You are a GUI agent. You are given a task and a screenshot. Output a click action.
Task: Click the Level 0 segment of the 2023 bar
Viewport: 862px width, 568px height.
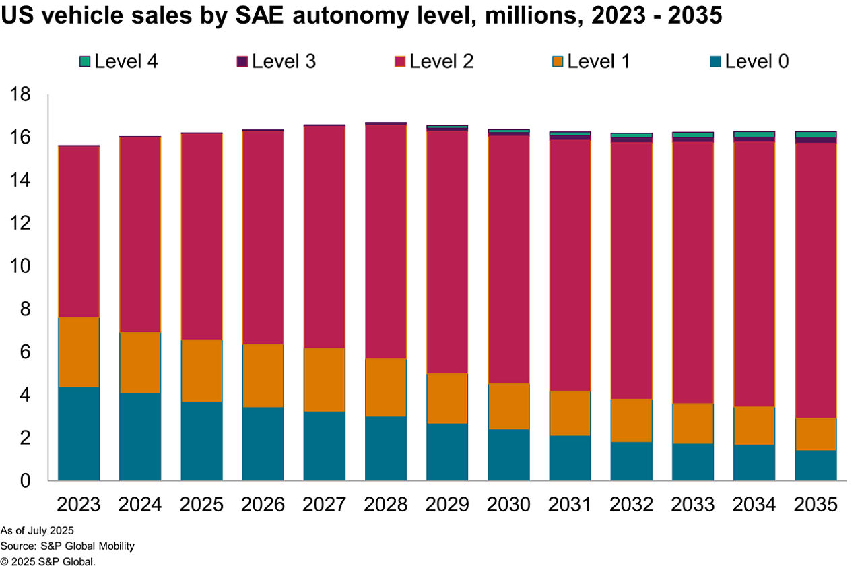(79, 434)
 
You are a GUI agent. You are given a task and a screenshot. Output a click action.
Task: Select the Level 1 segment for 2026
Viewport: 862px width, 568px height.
(263, 375)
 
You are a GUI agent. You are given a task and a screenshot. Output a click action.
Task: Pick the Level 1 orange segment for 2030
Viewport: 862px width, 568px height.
(508, 406)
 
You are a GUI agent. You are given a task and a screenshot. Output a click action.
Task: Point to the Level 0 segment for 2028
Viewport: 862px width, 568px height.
(386, 448)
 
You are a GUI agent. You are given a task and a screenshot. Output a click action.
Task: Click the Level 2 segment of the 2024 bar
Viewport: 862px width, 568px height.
(140, 234)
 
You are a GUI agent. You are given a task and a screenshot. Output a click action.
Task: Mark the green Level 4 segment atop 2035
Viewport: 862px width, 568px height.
(816, 135)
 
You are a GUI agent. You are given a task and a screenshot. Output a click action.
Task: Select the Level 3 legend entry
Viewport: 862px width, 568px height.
(275, 62)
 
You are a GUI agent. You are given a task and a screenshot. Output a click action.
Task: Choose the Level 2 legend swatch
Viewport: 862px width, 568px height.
(399, 62)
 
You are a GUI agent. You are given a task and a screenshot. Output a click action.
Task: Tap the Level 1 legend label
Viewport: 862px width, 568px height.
(599, 62)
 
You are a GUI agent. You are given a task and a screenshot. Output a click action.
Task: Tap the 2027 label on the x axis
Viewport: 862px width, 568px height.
(325, 505)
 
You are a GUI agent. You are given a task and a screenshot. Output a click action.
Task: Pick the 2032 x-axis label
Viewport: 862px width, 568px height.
(632, 505)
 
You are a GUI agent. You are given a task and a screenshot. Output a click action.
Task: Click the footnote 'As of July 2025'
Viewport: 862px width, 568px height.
(37, 531)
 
